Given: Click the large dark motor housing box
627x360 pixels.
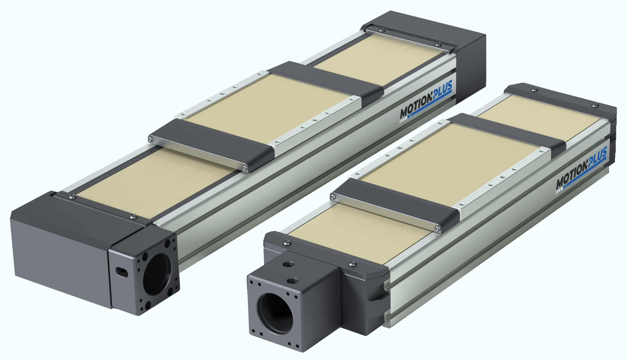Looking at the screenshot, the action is (x=62, y=248).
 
